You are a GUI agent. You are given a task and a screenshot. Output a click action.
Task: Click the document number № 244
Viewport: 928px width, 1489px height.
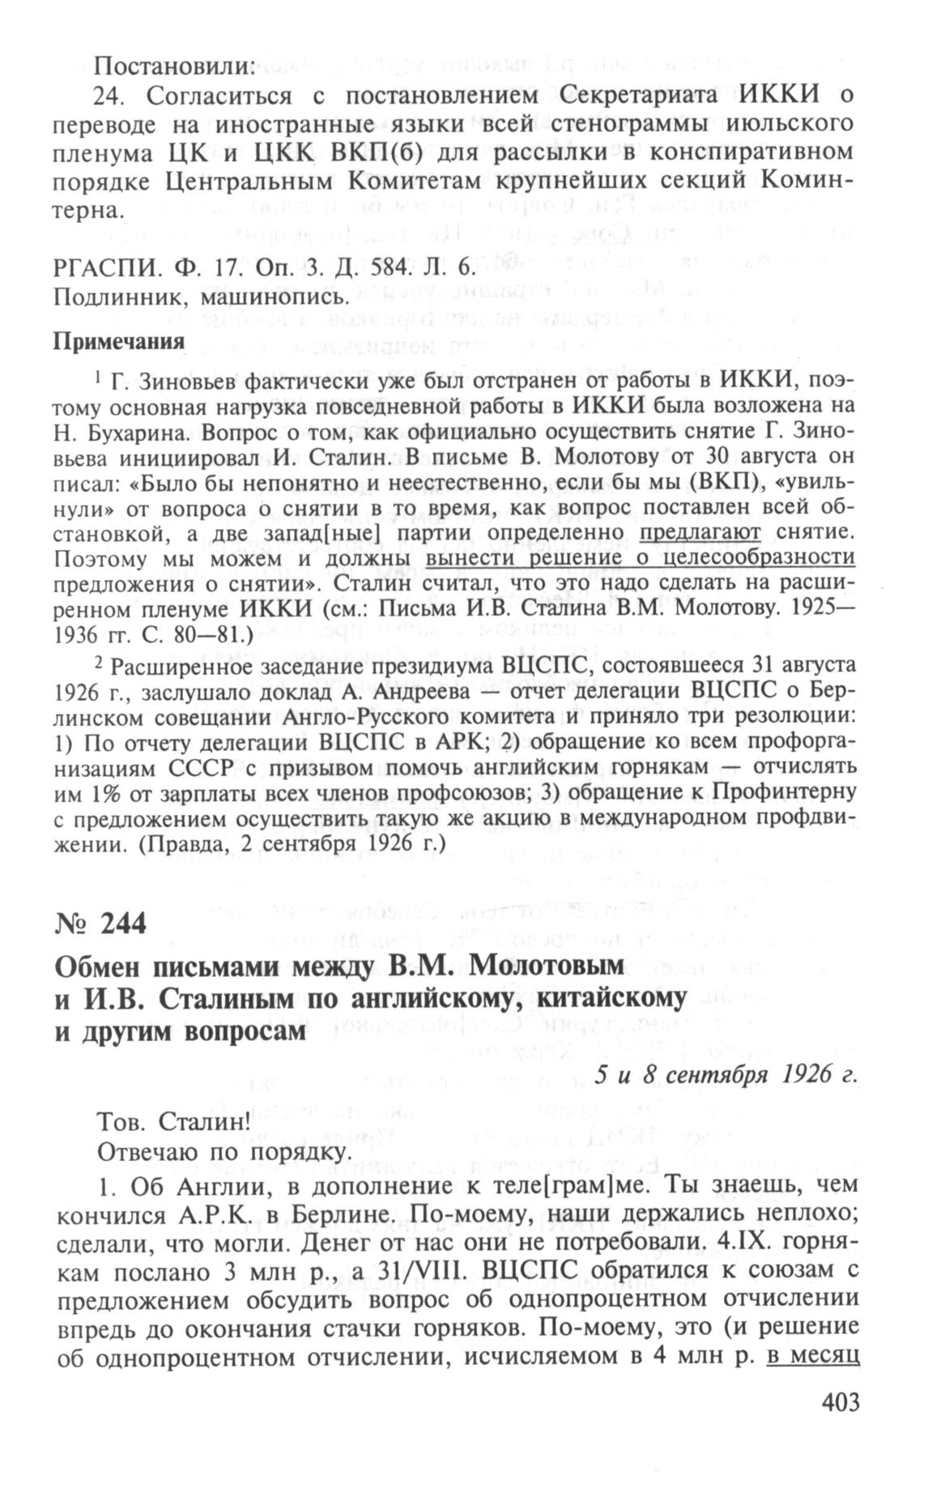(x=100, y=922)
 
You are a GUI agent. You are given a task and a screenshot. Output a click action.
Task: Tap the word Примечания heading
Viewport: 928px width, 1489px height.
(x=119, y=339)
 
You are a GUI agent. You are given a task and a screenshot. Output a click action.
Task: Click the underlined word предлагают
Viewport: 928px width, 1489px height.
(x=700, y=533)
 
